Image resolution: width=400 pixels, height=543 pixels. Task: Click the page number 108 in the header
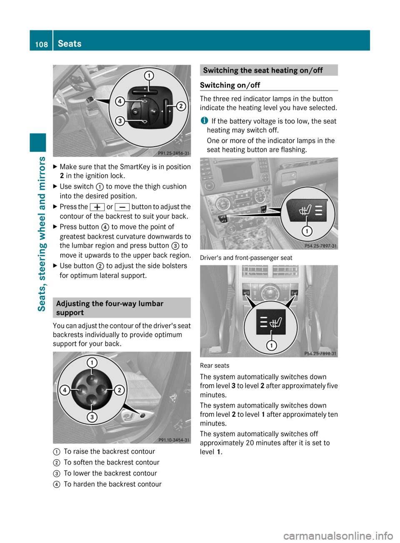pyautogui.click(x=41, y=44)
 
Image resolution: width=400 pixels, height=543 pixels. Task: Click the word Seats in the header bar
pyautogui.click(x=70, y=44)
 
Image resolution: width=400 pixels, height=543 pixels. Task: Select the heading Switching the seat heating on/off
pyautogui.click(x=263, y=70)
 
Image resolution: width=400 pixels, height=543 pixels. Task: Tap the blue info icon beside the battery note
pyautogui.click(x=204, y=121)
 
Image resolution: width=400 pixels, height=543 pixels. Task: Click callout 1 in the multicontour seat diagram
pyautogui.click(x=149, y=75)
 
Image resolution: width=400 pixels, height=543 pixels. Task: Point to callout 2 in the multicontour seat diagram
pyautogui.click(x=181, y=106)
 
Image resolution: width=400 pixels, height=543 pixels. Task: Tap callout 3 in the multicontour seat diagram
pyautogui.click(x=120, y=121)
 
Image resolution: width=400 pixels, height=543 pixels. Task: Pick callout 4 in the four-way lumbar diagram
pyautogui.click(x=65, y=390)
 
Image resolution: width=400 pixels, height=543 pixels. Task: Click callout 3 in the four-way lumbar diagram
pyautogui.click(x=92, y=417)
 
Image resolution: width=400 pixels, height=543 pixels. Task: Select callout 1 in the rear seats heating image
pyautogui.click(x=271, y=345)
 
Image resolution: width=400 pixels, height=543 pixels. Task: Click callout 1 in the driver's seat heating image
pyautogui.click(x=307, y=231)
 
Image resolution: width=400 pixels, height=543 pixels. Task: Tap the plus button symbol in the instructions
pyautogui.click(x=97, y=207)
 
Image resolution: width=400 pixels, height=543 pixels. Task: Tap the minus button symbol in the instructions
pyautogui.click(x=122, y=207)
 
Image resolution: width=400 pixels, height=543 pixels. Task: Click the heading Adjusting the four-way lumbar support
pyautogui.click(x=110, y=308)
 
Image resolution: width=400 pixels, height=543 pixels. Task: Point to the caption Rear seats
pyautogui.click(x=215, y=366)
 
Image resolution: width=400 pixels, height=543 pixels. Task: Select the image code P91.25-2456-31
pyautogui.click(x=173, y=153)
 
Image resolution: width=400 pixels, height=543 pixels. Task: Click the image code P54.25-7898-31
pyautogui.click(x=320, y=353)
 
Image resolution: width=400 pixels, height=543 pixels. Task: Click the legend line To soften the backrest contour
pyautogui.click(x=111, y=462)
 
